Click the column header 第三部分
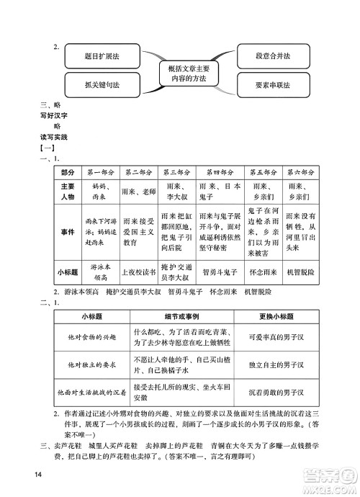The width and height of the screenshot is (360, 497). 176,174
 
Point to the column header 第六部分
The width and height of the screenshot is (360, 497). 300,174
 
